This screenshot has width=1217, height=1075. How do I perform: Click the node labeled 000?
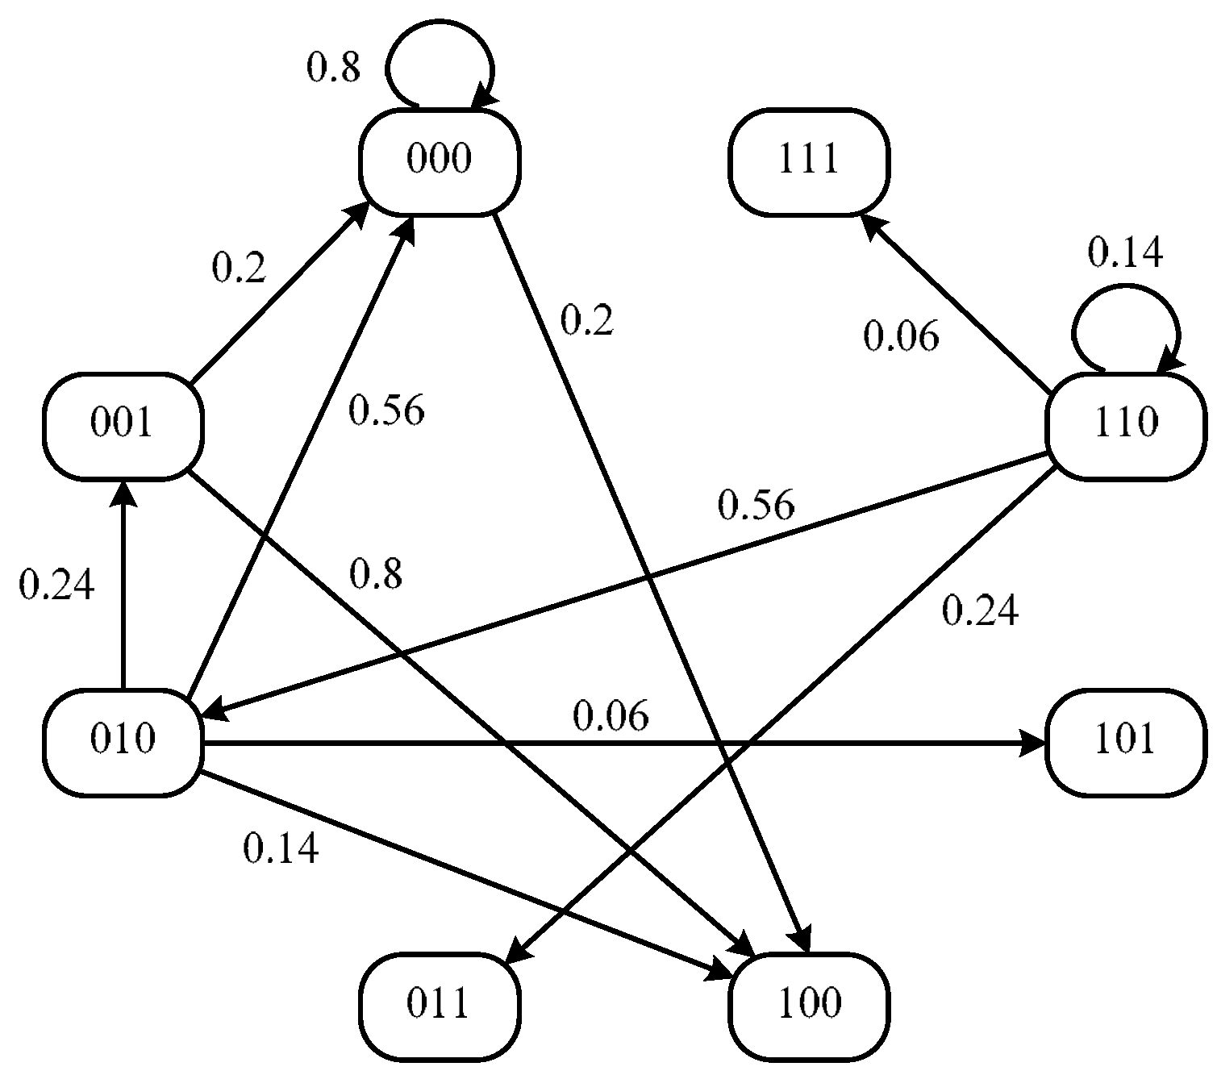pos(440,161)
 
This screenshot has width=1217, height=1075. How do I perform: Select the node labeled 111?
pos(809,161)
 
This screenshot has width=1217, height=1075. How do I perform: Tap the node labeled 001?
pos(123,425)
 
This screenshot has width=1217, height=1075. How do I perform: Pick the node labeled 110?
pos(1126,425)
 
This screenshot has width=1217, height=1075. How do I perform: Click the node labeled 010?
pos(123,742)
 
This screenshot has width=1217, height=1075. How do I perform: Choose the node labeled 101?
pos(1126,742)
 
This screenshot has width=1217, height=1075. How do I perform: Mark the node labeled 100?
pos(809,1006)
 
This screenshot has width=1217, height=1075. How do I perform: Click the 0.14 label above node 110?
pos(1125,252)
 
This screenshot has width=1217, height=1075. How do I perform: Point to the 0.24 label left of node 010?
pos(56,585)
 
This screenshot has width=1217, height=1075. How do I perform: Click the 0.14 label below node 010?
pos(281,849)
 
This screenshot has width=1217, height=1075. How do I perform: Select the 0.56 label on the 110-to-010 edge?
pos(756,506)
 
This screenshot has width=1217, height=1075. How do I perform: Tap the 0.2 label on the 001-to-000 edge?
pos(239,268)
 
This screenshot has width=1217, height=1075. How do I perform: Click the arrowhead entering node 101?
pos(1032,743)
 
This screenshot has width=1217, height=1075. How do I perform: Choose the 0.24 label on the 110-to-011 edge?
pos(980,611)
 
